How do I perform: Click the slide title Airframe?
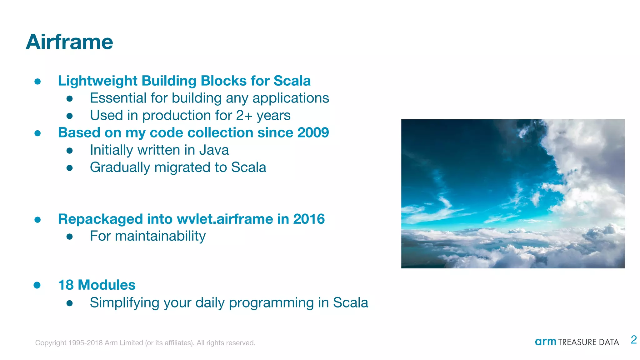point(69,42)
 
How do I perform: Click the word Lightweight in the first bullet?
point(97,81)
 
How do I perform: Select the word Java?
point(214,150)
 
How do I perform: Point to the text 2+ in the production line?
point(244,115)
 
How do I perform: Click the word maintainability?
point(160,236)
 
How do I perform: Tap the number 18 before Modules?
point(66,285)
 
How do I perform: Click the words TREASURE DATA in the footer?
point(588,342)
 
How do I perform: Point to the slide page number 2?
point(634,340)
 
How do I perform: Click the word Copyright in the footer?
point(51,343)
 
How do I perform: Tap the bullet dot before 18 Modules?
point(37,285)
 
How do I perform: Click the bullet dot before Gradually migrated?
point(70,168)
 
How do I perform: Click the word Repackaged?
point(100,219)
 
